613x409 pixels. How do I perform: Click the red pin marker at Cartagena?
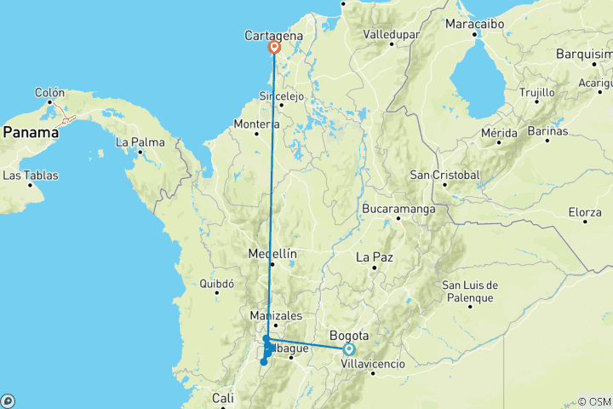(x=274, y=48)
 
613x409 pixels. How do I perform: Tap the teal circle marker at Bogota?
(x=349, y=349)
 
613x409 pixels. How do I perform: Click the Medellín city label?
(x=272, y=254)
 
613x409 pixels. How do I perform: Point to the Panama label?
(x=30, y=132)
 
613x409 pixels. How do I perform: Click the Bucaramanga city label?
(x=398, y=209)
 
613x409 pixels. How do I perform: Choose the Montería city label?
(x=257, y=124)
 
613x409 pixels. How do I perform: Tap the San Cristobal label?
(x=445, y=175)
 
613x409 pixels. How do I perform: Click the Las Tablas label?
(x=32, y=176)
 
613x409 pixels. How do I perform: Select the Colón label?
(x=49, y=92)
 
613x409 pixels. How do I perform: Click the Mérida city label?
(x=499, y=133)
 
